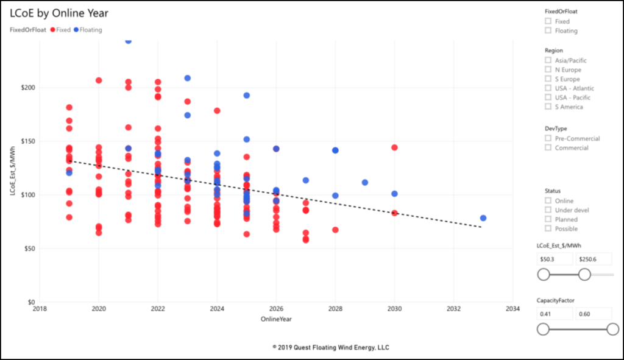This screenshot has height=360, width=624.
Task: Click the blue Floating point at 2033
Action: pos(483,218)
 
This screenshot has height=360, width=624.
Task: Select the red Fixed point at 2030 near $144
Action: pos(394,147)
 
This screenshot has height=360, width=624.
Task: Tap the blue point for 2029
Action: pos(364,182)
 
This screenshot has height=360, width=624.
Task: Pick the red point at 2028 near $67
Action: pos(335,230)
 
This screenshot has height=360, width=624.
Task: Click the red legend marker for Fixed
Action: pos(52,29)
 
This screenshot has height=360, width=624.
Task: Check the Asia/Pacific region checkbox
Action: pos(548,60)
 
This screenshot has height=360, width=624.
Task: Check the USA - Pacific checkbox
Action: pos(548,97)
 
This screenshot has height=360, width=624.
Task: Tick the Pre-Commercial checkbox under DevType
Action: pos(548,138)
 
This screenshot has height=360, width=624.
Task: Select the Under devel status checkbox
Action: pos(548,210)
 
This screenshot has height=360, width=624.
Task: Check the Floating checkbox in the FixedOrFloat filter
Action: pos(548,30)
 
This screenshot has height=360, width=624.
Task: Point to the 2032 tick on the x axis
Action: pos(453,309)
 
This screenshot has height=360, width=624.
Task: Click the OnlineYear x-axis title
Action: pos(276,318)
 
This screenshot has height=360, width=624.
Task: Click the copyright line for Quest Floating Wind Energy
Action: pos(331,347)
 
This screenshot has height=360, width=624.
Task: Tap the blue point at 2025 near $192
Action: pos(247,96)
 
